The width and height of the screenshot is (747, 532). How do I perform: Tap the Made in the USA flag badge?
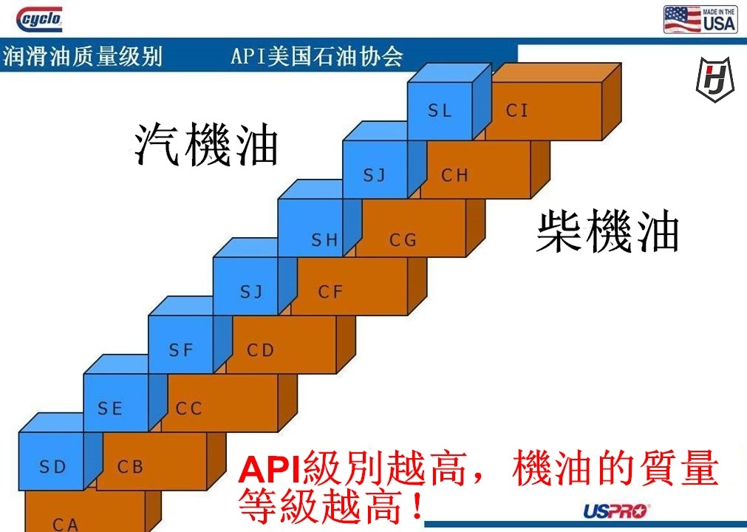700,19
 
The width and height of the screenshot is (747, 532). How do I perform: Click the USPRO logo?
615,511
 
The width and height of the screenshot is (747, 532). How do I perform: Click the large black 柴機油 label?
607,231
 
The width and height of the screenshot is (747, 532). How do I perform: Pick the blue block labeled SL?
440,111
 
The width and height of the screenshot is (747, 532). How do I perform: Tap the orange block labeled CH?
473,175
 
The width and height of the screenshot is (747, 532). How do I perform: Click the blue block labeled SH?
319,239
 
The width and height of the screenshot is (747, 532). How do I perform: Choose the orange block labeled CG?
406,239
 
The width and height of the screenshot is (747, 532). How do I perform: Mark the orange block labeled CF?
340,292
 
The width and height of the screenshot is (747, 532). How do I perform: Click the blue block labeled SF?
181,350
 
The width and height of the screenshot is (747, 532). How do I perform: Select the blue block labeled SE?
111,408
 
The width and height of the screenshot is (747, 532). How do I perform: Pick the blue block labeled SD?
52,467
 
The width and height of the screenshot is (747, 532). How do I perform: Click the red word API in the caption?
271,469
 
